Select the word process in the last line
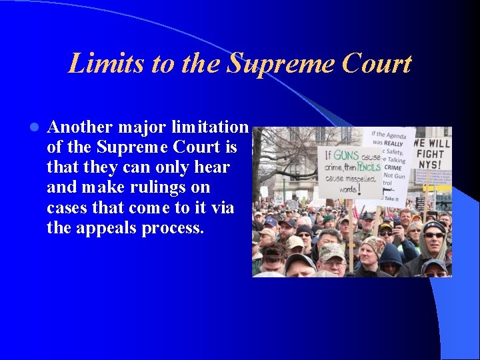pyautogui.click(x=172, y=229)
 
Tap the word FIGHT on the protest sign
pyautogui.click(x=433, y=155)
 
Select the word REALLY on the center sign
pyautogui.click(x=393, y=143)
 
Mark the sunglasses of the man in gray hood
pyautogui.click(x=433, y=235)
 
